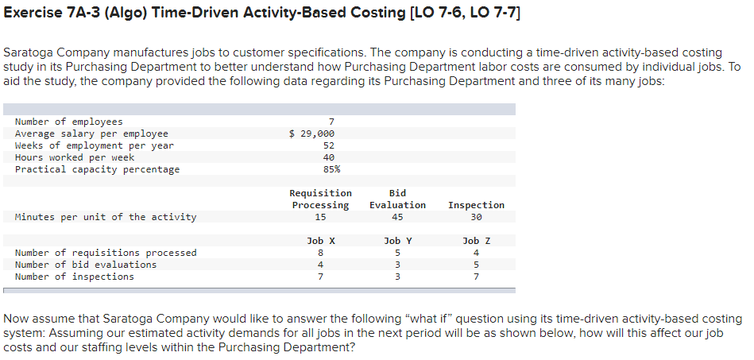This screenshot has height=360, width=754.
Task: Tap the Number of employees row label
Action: click(x=69, y=122)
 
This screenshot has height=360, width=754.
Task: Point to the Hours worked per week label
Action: click(x=75, y=157)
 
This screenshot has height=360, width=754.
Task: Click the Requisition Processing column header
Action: click(x=320, y=199)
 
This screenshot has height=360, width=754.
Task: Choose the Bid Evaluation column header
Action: click(x=397, y=199)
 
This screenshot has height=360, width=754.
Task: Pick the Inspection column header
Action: click(x=476, y=205)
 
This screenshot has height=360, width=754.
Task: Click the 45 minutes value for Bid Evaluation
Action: click(x=397, y=217)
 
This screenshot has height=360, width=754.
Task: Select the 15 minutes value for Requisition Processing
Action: click(x=320, y=217)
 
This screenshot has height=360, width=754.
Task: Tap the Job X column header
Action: click(x=320, y=241)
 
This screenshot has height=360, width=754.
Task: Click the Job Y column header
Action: click(x=397, y=241)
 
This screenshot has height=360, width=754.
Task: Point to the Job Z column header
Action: click(x=476, y=241)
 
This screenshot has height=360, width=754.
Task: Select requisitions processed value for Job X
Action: click(x=320, y=253)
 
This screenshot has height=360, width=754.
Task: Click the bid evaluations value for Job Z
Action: click(x=476, y=265)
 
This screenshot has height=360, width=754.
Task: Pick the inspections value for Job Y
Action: click(x=397, y=277)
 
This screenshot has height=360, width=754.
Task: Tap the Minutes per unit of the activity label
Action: click(x=106, y=217)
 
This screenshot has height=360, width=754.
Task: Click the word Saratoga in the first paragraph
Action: click(x=29, y=52)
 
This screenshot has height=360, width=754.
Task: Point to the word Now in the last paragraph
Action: click(x=17, y=319)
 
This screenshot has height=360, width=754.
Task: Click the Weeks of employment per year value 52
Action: click(x=329, y=145)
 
